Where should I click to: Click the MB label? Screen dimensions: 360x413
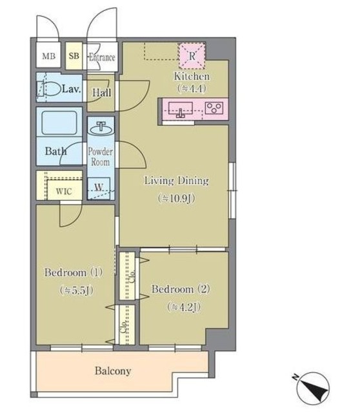coord(49,56)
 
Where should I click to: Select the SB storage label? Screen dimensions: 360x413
coord(74,56)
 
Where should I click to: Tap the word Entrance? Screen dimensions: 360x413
coord(102,57)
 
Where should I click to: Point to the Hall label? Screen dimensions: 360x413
coord(101,92)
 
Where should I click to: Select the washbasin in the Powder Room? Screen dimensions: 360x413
coord(101,128)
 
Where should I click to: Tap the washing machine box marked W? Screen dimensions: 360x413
coord(99,187)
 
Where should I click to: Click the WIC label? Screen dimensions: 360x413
coord(64,191)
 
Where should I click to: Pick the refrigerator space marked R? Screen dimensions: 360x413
coord(192,56)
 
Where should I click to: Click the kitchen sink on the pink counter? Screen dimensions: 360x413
coord(181,110)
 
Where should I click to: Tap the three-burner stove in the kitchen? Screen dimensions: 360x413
coord(214,108)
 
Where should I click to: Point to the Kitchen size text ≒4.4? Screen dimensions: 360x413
coord(192,88)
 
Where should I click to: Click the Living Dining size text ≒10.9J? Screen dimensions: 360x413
coord(177,198)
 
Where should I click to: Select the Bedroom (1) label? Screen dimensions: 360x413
coord(74,272)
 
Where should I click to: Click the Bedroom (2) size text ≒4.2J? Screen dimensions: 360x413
coord(184,307)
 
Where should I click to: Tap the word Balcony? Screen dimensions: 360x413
coord(113,371)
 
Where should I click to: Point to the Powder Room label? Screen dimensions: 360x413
coord(101,156)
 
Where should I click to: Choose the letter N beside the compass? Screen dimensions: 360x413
coord(295,376)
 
